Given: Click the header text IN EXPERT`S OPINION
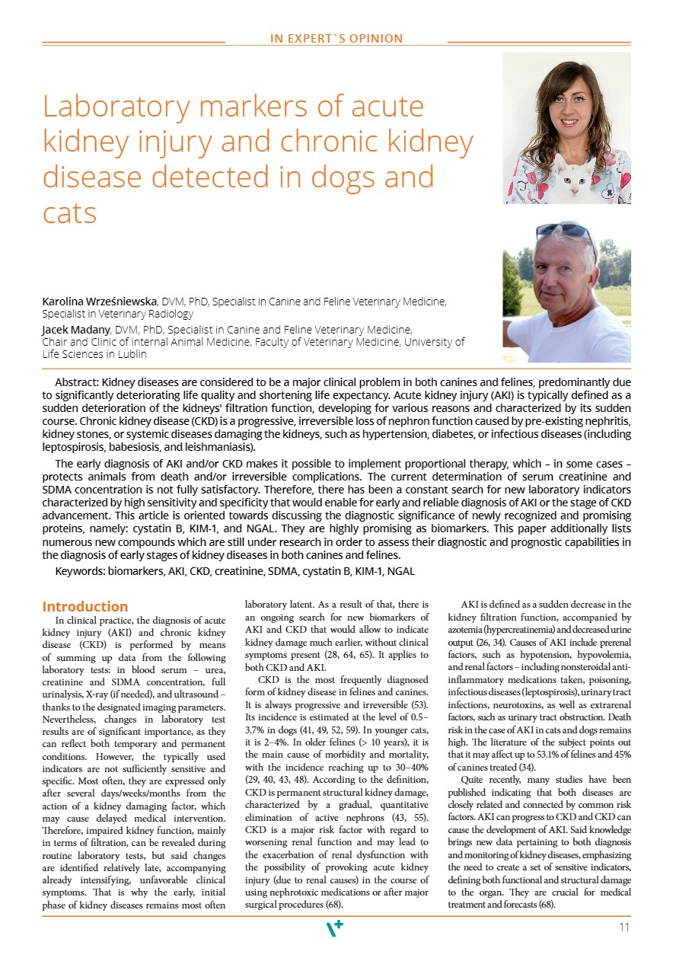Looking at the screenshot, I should (336, 39).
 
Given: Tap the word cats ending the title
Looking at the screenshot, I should (69, 213).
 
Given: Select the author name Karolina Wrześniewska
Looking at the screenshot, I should (98, 302).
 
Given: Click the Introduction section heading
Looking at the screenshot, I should (85, 607).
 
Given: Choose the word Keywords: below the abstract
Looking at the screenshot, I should (80, 571).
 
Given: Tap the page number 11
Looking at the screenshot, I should (624, 927).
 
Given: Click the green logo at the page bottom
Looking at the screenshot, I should (334, 928).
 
